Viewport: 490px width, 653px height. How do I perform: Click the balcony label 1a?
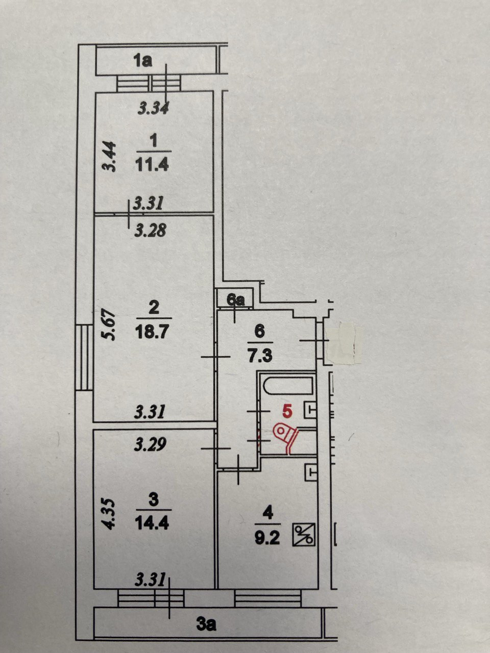[143, 62]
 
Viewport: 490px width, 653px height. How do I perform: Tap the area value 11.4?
[152, 165]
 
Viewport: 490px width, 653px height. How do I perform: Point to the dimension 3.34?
[154, 108]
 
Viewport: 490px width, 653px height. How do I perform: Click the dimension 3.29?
[150, 445]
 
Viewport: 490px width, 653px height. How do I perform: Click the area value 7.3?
[260, 356]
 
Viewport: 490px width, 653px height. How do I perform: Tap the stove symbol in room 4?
[304, 535]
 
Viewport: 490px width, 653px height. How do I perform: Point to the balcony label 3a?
[206, 624]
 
